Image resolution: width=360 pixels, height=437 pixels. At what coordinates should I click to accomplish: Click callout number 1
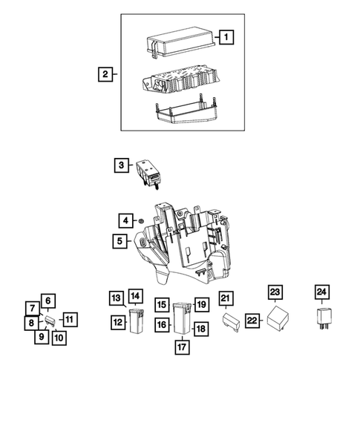[226, 36]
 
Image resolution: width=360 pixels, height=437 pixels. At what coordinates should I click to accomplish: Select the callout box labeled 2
[106, 74]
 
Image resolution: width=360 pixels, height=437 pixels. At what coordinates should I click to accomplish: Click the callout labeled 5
[119, 240]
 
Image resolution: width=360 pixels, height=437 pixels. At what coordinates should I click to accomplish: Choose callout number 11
[68, 320]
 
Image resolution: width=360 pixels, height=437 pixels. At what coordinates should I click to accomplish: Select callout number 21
[226, 298]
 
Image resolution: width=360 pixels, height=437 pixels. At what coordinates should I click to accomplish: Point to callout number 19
[200, 304]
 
